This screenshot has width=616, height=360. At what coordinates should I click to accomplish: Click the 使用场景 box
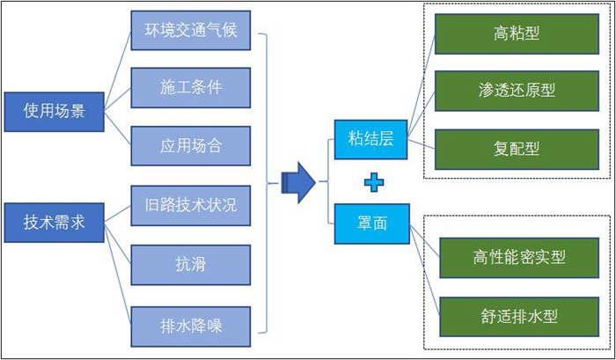54,111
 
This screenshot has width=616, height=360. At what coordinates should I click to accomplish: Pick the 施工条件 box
191,88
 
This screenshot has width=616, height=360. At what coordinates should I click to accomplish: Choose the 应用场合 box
191,143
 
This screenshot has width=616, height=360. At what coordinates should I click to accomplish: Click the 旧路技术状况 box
191,207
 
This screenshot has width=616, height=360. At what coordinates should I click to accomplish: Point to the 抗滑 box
191,263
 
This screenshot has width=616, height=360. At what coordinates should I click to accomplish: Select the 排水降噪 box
191,323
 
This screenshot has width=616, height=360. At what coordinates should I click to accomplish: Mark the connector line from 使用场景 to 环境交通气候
116,65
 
